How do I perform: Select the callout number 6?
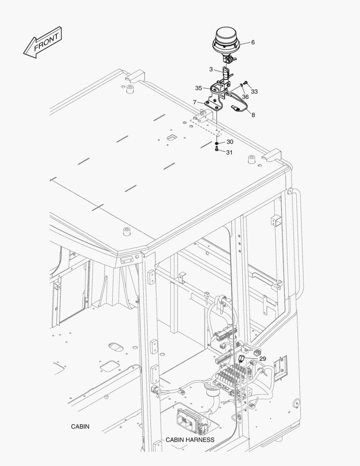[x=253, y=42]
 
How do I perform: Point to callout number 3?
[x=211, y=69]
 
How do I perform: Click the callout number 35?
[x=198, y=88]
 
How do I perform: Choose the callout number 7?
[x=195, y=102]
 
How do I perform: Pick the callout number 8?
[x=253, y=115]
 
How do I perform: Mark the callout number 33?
[x=254, y=91]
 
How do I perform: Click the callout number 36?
[x=245, y=97]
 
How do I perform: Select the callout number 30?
[x=230, y=142]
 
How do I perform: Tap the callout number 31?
[x=229, y=152]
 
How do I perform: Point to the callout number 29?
[x=263, y=358]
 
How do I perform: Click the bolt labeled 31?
[x=216, y=150]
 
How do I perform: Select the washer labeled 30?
[x=216, y=142]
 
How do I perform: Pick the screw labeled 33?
[x=245, y=82]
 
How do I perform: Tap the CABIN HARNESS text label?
[x=190, y=440]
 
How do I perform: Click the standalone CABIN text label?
[x=80, y=426]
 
